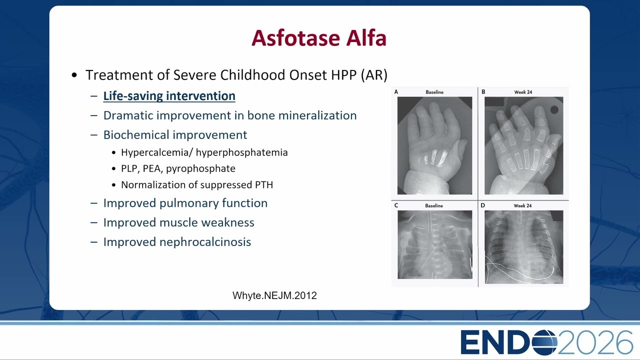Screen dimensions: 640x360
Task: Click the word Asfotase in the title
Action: tap(295, 38)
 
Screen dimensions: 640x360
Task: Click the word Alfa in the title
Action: tap(366, 38)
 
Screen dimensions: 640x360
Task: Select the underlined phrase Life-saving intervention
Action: tap(169, 96)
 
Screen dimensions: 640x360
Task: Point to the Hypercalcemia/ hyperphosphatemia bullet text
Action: tap(204, 152)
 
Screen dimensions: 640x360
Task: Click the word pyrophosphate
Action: tap(200, 169)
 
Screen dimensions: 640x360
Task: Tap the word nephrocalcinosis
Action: tap(205, 242)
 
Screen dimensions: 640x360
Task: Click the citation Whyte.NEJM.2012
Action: tap(274, 295)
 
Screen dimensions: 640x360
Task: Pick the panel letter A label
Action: tap(396, 91)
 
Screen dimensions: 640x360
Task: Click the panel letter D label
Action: tap(483, 205)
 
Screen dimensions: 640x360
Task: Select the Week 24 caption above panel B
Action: tap(523, 92)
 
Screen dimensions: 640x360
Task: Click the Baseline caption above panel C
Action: tap(433, 205)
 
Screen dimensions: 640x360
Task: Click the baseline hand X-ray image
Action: tap(434, 145)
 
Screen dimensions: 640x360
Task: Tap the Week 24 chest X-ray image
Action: tap(523, 247)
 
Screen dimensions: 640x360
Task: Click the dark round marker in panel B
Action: tap(554, 109)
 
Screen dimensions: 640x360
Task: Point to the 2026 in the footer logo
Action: tap(595, 342)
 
